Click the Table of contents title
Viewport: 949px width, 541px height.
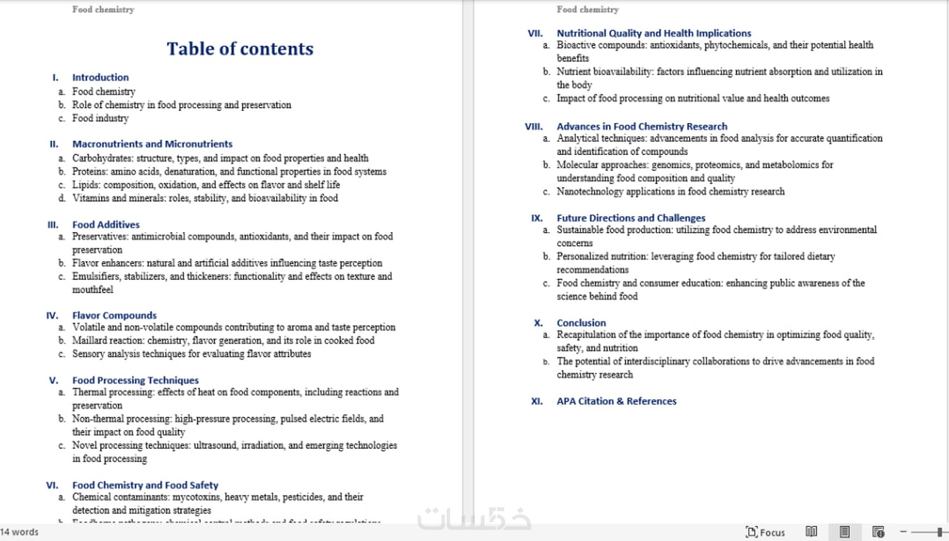pyautogui.click(x=240, y=49)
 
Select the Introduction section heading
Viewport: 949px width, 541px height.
pyautogui.click(x=100, y=78)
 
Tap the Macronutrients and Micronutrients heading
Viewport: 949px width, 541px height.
pyautogui.click(x=152, y=144)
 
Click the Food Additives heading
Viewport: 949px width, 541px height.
pyautogui.click(x=106, y=225)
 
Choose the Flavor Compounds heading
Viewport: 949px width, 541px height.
pyautogui.click(x=114, y=316)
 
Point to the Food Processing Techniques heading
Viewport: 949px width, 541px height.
pyautogui.click(x=136, y=380)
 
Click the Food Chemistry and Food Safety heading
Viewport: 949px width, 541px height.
pyautogui.click(x=145, y=485)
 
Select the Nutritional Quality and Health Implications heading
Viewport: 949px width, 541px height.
pyautogui.click(x=654, y=33)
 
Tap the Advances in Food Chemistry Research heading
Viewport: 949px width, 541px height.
pyautogui.click(x=642, y=127)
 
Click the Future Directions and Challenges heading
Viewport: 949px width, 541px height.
pyautogui.click(x=631, y=218)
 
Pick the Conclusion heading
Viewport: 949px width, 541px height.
pyautogui.click(x=581, y=323)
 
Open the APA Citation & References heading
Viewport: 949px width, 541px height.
pyautogui.click(x=616, y=401)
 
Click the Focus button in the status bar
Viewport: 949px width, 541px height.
pyautogui.click(x=766, y=532)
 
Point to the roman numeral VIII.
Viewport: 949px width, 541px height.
pyautogui.click(x=534, y=127)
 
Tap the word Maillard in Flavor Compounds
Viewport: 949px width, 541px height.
pyautogui.click(x=90, y=341)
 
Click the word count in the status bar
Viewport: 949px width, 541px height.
pyautogui.click(x=20, y=532)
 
